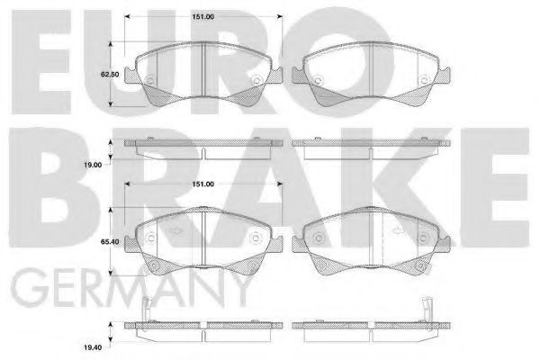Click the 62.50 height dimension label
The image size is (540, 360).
110,75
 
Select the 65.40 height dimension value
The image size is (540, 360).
110,242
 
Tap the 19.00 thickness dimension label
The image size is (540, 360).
93,165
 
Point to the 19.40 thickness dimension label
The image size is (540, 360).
93,348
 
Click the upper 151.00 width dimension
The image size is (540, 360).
202,17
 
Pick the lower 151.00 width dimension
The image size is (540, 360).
202,184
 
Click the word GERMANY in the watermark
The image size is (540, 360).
130,288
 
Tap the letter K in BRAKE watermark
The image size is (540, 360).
406,188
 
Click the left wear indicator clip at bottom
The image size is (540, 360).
146,311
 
